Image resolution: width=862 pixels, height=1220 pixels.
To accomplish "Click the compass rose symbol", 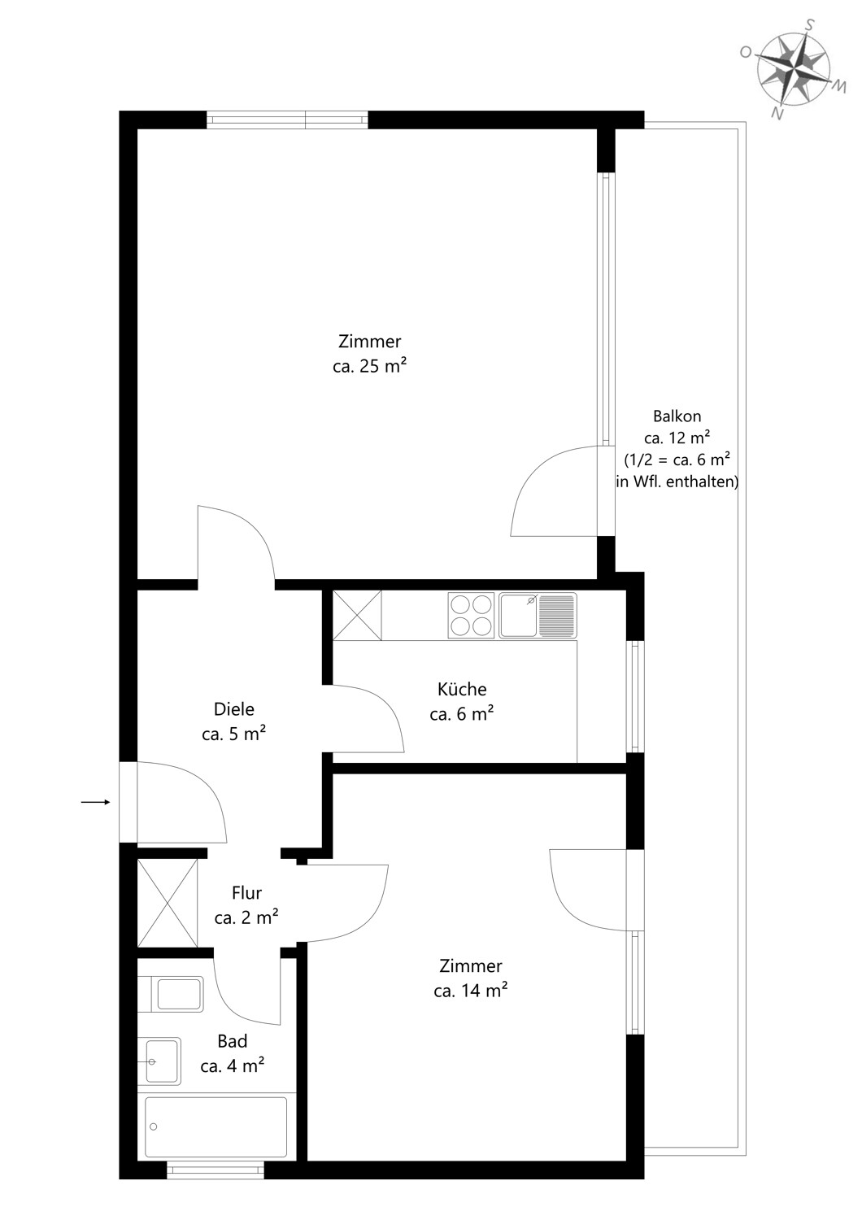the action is [793, 70].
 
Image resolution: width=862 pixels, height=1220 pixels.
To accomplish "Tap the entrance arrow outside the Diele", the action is [96, 802].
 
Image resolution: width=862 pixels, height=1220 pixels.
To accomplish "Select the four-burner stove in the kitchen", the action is [471, 615].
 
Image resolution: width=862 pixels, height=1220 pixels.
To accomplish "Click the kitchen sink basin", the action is [519, 616].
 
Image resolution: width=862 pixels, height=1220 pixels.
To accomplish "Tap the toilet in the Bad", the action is [171, 995].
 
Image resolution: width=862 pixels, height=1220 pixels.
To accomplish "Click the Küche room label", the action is [462, 690].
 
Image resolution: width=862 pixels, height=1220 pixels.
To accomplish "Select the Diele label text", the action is [234, 709].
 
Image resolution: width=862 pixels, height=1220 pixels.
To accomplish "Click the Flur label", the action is [246, 893].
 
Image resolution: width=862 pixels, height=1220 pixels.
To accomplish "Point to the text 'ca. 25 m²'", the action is [370, 366].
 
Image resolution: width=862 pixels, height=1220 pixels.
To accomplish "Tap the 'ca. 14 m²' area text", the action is [471, 991].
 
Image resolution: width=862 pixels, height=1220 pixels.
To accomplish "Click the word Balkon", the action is [677, 416].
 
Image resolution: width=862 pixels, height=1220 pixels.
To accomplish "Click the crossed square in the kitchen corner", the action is [357, 616].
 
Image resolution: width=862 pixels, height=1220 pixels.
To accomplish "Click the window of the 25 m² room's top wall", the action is [288, 120].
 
